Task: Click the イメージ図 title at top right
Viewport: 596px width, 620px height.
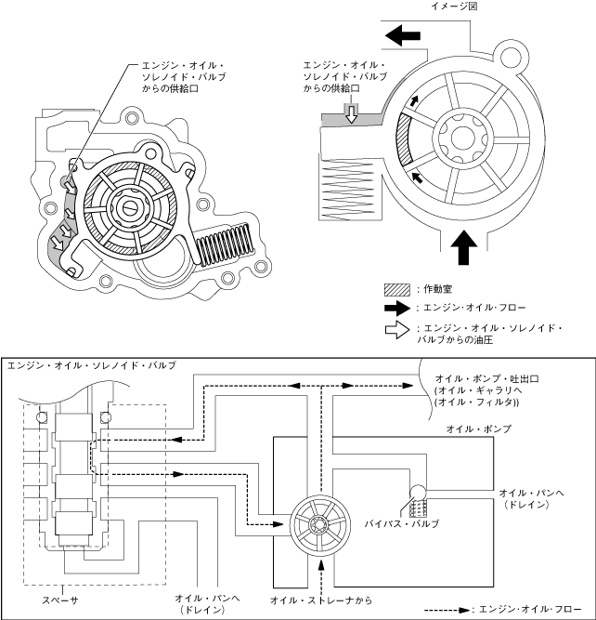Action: tap(453, 6)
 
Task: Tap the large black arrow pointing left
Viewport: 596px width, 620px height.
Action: tap(403, 35)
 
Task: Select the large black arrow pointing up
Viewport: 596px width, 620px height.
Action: tap(463, 247)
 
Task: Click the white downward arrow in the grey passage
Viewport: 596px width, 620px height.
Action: tap(351, 114)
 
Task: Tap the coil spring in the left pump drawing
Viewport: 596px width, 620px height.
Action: tap(226, 244)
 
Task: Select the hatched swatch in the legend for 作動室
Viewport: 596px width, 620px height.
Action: tap(397, 289)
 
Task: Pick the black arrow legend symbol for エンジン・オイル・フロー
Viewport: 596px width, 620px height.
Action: tap(397, 308)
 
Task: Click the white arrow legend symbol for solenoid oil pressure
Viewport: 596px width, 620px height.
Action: tap(397, 331)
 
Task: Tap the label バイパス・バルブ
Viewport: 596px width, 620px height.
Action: tap(401, 524)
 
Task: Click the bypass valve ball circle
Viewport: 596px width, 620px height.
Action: tap(418, 493)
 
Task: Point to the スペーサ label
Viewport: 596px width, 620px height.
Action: tap(60, 600)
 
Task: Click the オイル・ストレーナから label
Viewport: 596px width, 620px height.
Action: tap(321, 600)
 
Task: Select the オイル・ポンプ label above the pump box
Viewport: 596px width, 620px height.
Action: tap(478, 429)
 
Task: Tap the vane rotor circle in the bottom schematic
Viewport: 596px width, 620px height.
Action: tap(320, 525)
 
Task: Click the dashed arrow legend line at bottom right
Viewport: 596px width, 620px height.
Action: tap(447, 610)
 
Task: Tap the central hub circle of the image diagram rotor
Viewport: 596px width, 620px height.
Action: tap(463, 138)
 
